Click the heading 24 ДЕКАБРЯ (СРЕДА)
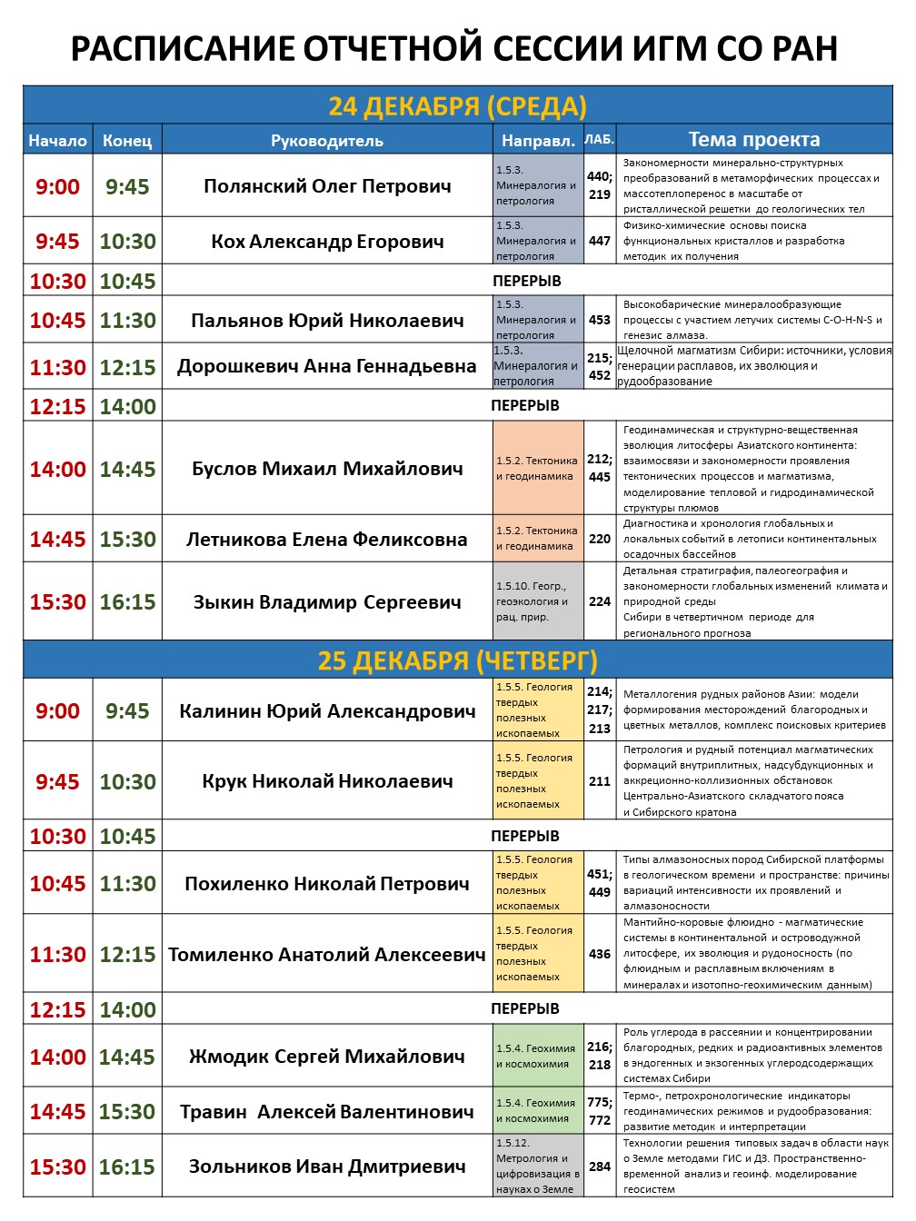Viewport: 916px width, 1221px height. [x=457, y=106]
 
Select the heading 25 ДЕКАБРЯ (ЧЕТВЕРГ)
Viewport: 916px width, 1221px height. [x=457, y=660]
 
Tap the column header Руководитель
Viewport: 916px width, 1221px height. [x=327, y=141]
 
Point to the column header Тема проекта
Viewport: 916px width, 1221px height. [x=753, y=140]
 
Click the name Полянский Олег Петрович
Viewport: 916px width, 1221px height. [x=327, y=186]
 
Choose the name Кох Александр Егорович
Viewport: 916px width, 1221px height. [x=327, y=242]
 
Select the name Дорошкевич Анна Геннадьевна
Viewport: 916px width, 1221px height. [x=327, y=367]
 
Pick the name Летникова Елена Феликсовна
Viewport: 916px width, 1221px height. [x=327, y=540]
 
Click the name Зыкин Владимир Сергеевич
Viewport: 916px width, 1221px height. [x=327, y=602]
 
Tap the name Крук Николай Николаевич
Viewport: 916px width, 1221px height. [x=327, y=781]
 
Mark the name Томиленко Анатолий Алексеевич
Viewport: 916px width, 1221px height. [x=327, y=955]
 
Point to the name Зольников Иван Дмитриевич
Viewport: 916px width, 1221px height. [x=327, y=1166]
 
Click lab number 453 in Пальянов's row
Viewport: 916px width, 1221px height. [x=600, y=320]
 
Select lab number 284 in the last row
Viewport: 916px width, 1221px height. [x=600, y=1166]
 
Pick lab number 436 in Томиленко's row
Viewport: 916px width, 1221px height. [x=600, y=954]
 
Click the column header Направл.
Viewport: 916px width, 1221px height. [x=538, y=141]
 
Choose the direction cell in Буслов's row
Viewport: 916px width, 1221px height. [x=538, y=469]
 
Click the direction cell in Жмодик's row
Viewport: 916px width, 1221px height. [x=538, y=1057]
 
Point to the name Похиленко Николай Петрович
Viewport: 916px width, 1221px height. [x=327, y=884]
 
